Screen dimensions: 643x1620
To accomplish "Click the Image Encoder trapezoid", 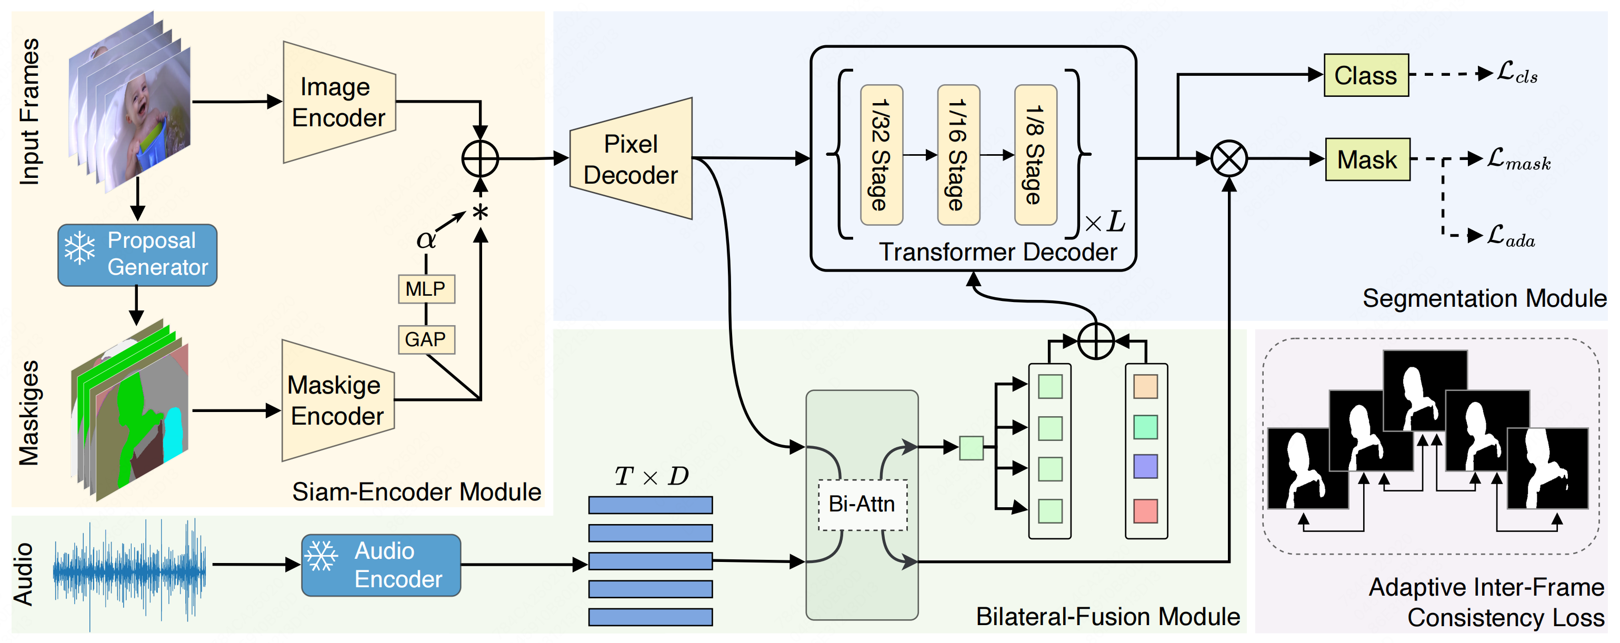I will pyautogui.click(x=339, y=103).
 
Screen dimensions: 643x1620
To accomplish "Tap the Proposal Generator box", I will pyautogui.click(x=137, y=255).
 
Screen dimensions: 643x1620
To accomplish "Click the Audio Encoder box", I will pyautogui.click(x=381, y=565).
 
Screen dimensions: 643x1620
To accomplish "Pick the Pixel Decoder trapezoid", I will pyautogui.click(x=631, y=159).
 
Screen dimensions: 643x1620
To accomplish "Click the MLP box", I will pyautogui.click(x=426, y=288).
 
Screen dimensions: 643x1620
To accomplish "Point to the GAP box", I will pyautogui.click(x=426, y=339).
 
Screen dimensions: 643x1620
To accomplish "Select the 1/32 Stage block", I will pyautogui.click(x=881, y=155).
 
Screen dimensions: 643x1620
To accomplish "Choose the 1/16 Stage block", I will pyautogui.click(x=958, y=155).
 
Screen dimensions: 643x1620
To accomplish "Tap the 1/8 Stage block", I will pyautogui.click(x=1035, y=155).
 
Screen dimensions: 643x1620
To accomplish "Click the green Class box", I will pyautogui.click(x=1365, y=75).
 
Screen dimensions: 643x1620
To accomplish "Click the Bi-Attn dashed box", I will pyautogui.click(x=862, y=504).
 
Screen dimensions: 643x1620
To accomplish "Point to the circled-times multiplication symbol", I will pyautogui.click(x=1228, y=158).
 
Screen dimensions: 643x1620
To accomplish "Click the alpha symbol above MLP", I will pyautogui.click(x=426, y=239).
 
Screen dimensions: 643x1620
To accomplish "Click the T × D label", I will pyautogui.click(x=651, y=476).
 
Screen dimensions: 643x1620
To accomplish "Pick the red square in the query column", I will pyautogui.click(x=1145, y=511).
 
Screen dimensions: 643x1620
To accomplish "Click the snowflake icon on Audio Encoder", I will pyautogui.click(x=322, y=556).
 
